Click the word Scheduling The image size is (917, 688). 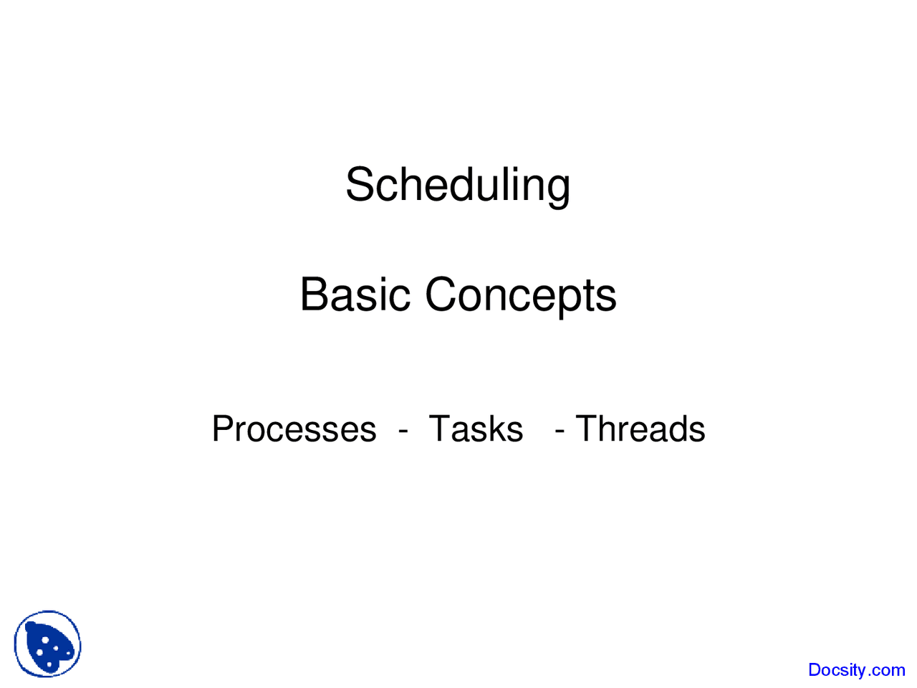pyautogui.click(x=458, y=185)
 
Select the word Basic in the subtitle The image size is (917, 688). pyautogui.click(x=355, y=295)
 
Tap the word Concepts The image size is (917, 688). pyautogui.click(x=521, y=295)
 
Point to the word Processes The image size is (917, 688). pyautogui.click(x=294, y=429)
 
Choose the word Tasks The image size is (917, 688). pyautogui.click(x=476, y=429)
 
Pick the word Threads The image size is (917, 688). pyautogui.click(x=640, y=429)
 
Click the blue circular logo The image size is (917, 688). pyautogui.click(x=47, y=644)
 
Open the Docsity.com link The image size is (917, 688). pyautogui.click(x=856, y=670)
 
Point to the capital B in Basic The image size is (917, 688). pyautogui.click(x=315, y=295)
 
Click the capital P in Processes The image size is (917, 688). pyautogui.click(x=224, y=429)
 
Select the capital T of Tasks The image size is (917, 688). pyautogui.click(x=440, y=429)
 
